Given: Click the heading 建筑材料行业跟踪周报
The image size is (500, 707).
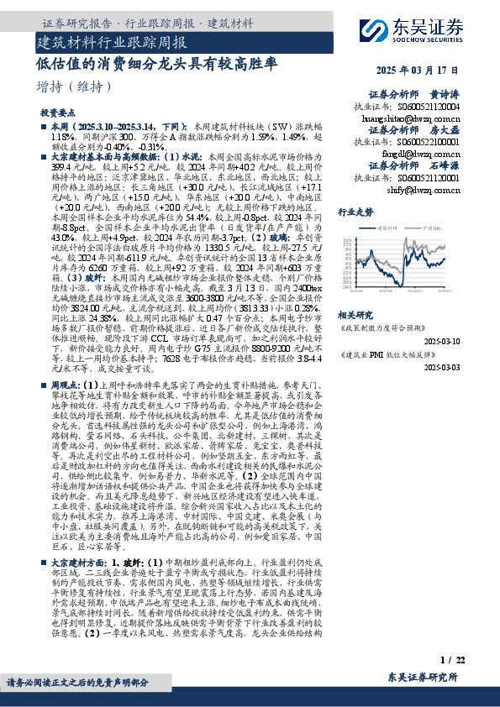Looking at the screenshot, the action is point(113,40).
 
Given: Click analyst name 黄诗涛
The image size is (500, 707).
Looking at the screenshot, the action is point(445,95).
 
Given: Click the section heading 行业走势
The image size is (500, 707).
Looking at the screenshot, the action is point(355,213).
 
